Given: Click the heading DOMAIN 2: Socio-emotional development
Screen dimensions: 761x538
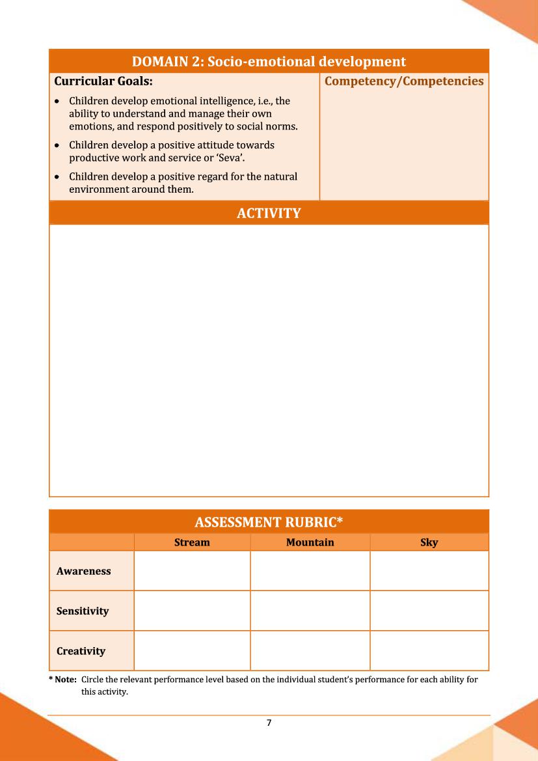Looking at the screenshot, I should coord(269,61).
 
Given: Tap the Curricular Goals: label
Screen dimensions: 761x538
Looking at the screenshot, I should coord(103,81).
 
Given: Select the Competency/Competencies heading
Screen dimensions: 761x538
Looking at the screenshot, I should coord(404,81).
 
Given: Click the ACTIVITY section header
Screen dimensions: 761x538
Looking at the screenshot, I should coord(269,213).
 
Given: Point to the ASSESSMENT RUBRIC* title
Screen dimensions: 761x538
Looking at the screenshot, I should coord(269,522).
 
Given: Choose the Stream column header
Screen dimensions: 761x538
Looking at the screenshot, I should coord(192,542).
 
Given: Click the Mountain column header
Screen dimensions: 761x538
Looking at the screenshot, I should coord(310,542).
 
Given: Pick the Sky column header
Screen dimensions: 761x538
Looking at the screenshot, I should coord(429,542).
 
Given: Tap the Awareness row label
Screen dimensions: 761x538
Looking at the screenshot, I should coord(83,571).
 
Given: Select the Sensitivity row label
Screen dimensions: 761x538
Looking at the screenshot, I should coord(83,611).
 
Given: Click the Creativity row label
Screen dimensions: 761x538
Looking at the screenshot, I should coord(81,651).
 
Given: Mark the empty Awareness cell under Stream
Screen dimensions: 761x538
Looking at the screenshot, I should coord(192,571).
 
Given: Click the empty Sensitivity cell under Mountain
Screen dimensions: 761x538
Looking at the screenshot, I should coord(310,611).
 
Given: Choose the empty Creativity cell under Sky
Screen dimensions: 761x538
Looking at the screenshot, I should coord(429,651).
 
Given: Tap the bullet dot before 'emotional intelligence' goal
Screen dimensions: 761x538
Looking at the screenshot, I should coord(59,102).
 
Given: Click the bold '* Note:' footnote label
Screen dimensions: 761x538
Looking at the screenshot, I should coord(62,680).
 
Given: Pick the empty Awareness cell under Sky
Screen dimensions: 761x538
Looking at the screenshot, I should coord(429,571).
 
